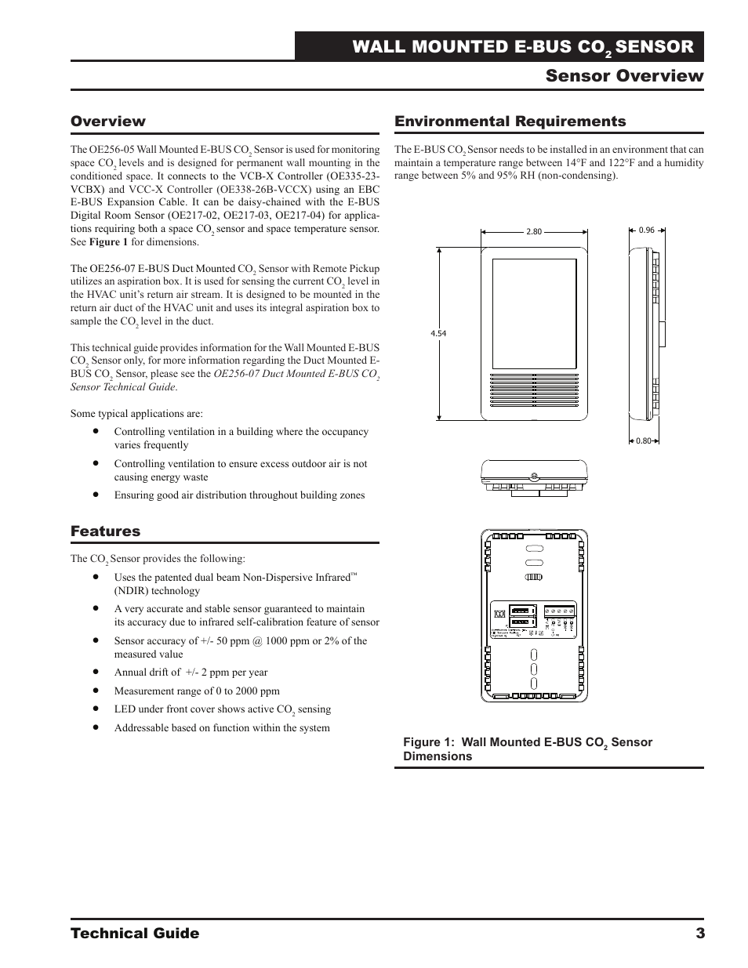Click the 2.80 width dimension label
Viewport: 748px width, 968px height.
point(534,232)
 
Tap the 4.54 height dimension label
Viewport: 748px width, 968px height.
point(438,333)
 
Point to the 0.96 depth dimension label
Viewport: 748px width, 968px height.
point(646,230)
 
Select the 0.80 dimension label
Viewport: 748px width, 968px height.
point(644,440)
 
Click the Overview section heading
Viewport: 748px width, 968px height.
point(108,121)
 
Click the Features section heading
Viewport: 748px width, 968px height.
point(106,531)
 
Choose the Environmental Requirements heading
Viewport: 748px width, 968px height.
point(510,121)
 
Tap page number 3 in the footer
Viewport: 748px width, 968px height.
point(699,933)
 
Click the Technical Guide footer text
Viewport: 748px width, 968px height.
point(135,933)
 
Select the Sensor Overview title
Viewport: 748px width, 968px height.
point(624,76)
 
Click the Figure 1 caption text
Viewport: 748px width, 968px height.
point(527,749)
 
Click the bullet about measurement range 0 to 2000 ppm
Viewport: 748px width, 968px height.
point(197,691)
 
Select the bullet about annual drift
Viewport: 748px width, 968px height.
point(191,673)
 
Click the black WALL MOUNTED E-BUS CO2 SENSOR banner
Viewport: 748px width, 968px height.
point(499,47)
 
